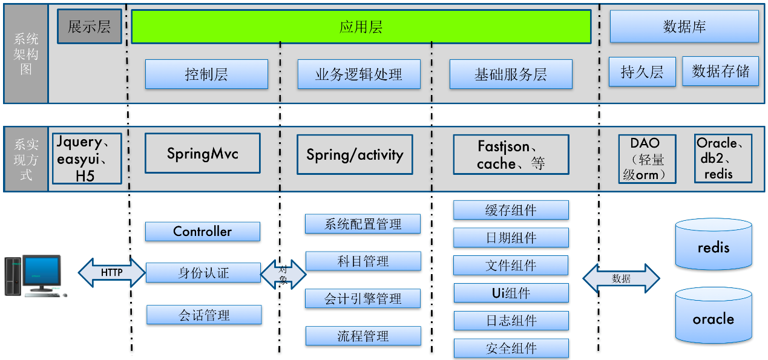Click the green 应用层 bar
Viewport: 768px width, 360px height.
pos(361,27)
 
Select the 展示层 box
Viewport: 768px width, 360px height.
pos(89,27)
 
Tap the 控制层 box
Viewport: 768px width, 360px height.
pos(206,74)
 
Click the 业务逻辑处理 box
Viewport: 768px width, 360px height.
pos(359,74)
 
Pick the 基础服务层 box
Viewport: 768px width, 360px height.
pos(511,74)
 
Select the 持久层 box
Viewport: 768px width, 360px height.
pos(642,72)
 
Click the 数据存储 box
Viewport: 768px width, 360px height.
pos(720,71)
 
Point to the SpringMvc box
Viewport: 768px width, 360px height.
pos(203,153)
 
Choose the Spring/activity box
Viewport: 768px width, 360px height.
pos(355,154)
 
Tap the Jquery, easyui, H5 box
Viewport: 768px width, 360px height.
pos(87,159)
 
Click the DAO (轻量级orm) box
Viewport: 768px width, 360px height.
pos(647,159)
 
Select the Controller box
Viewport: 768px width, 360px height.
pos(203,231)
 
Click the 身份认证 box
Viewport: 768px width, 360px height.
pos(203,272)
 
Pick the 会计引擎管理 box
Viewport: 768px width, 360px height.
pos(363,298)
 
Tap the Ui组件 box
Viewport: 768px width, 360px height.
pos(511,293)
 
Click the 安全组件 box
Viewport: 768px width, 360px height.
pos(511,349)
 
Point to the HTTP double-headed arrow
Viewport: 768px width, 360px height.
pos(112,273)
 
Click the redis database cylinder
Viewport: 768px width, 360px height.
pos(714,245)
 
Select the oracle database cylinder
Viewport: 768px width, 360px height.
pos(714,316)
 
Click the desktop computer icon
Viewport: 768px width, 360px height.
pos(34,276)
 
